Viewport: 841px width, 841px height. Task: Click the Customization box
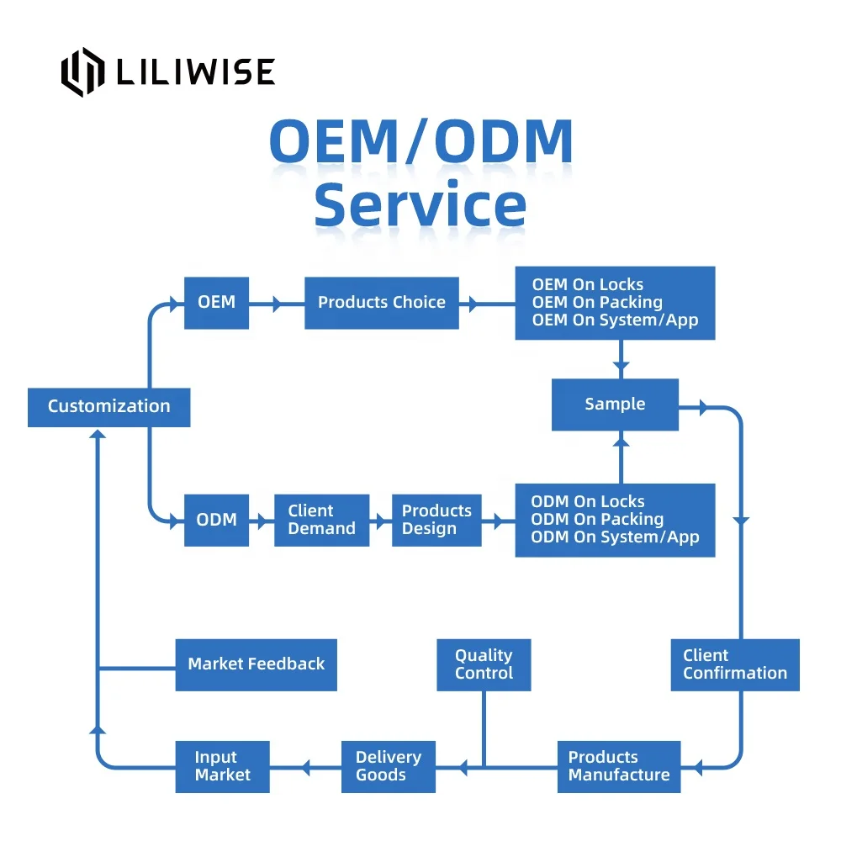[x=108, y=407]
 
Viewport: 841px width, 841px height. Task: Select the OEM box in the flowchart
[x=216, y=302]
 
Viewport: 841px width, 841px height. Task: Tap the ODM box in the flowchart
[x=216, y=521]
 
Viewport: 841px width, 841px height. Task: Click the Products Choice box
[x=381, y=303]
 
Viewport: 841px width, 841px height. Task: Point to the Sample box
[x=615, y=405]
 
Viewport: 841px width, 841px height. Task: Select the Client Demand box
[x=321, y=521]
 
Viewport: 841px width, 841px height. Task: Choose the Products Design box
[x=436, y=521]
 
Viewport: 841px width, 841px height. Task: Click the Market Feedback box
[x=256, y=664]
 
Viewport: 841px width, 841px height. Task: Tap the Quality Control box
[x=484, y=664]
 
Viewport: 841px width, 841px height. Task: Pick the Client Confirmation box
[x=734, y=664]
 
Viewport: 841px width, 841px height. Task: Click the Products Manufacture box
[x=619, y=766]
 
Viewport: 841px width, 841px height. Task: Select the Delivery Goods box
[x=388, y=766]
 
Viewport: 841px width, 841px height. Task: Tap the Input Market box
[x=222, y=766]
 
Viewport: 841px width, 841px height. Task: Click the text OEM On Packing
[x=597, y=302]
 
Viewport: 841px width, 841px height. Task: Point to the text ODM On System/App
[x=615, y=537]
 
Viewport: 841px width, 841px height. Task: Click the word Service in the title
[x=420, y=206]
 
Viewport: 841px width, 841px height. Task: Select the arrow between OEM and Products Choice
[x=276, y=303]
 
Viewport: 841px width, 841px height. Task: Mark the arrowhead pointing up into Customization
[x=98, y=435]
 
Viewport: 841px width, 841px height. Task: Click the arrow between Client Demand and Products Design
[x=380, y=521]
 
